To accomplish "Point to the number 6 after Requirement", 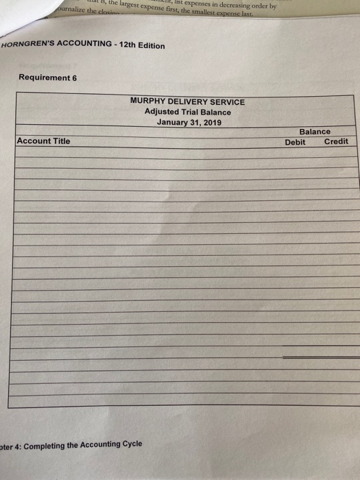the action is click(74, 77).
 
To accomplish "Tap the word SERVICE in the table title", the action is click(228, 101).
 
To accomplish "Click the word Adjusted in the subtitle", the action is click(162, 112).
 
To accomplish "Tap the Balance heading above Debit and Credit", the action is click(314, 131).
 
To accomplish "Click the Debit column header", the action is click(295, 141).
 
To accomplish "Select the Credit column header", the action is click(336, 141).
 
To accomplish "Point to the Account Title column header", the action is click(43, 141).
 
